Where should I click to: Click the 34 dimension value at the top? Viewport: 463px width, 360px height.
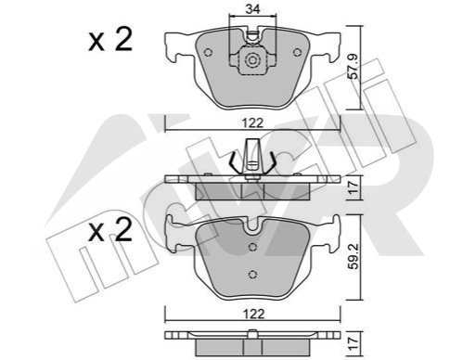point(252,9)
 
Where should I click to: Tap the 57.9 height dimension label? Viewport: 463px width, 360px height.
point(354,66)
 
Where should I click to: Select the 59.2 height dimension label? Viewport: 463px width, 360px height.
point(354,256)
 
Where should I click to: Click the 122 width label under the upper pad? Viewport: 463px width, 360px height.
point(253,123)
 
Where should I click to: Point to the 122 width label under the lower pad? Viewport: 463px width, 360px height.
point(253,315)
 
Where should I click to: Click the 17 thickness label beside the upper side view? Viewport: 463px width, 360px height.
point(354,186)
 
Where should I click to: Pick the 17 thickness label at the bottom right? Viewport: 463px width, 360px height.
point(354,343)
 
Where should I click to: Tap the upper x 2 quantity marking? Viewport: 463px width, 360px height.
point(110,39)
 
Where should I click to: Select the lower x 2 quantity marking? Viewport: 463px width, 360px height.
point(110,229)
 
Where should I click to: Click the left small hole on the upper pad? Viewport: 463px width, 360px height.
point(209,53)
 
